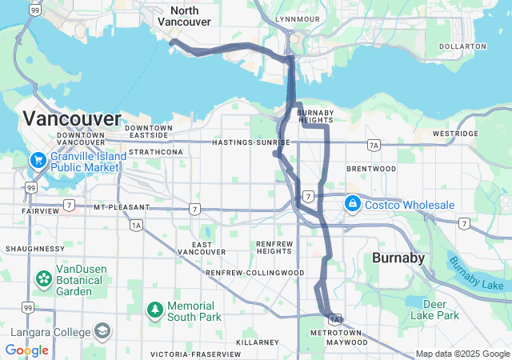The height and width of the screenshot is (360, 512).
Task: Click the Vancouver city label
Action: [72, 118]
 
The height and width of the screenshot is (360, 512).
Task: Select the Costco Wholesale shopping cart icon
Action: [352, 205]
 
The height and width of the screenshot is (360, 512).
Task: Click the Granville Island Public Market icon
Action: [37, 160]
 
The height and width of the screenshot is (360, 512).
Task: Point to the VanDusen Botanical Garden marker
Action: [43, 279]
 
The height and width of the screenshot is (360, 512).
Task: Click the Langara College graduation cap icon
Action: [102, 330]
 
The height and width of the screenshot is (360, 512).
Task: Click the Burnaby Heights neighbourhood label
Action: [314, 117]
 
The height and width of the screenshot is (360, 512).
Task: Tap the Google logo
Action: [26, 350]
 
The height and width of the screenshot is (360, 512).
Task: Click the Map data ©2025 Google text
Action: [462, 354]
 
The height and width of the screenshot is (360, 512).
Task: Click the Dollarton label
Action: [462, 46]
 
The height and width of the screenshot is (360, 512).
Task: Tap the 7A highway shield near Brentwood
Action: [373, 145]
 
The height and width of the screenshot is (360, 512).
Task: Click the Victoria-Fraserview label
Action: [194, 354]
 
